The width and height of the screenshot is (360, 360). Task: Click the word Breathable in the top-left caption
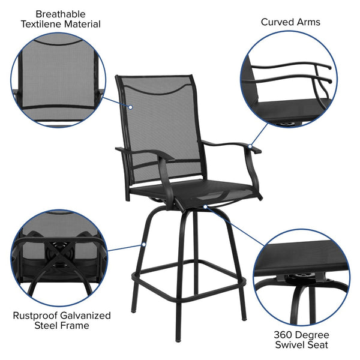[61, 14]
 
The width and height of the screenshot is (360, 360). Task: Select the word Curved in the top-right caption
[277, 22]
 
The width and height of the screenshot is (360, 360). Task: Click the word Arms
[308, 22]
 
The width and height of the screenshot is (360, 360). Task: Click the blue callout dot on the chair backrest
[131, 107]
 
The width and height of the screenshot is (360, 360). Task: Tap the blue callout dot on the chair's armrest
[250, 145]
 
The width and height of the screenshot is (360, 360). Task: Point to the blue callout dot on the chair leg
[144, 244]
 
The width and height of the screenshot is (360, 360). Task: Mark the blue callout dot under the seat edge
[205, 206]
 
